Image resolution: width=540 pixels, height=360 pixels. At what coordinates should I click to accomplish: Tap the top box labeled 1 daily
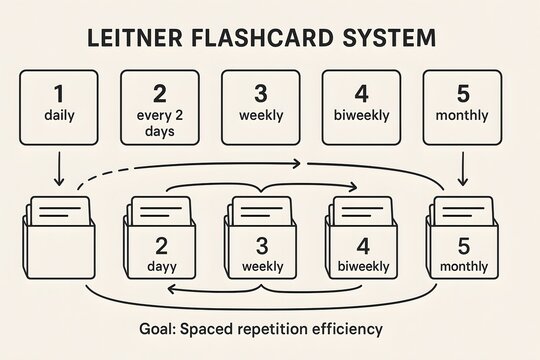[59, 107]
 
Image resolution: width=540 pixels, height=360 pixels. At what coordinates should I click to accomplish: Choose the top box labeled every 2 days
[160, 107]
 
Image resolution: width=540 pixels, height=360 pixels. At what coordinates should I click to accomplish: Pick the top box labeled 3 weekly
[260, 107]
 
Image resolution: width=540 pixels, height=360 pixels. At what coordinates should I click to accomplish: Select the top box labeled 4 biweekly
[361, 107]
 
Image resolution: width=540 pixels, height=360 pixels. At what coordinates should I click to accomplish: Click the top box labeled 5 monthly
[462, 107]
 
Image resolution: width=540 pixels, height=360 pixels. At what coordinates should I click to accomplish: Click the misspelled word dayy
[160, 268]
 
